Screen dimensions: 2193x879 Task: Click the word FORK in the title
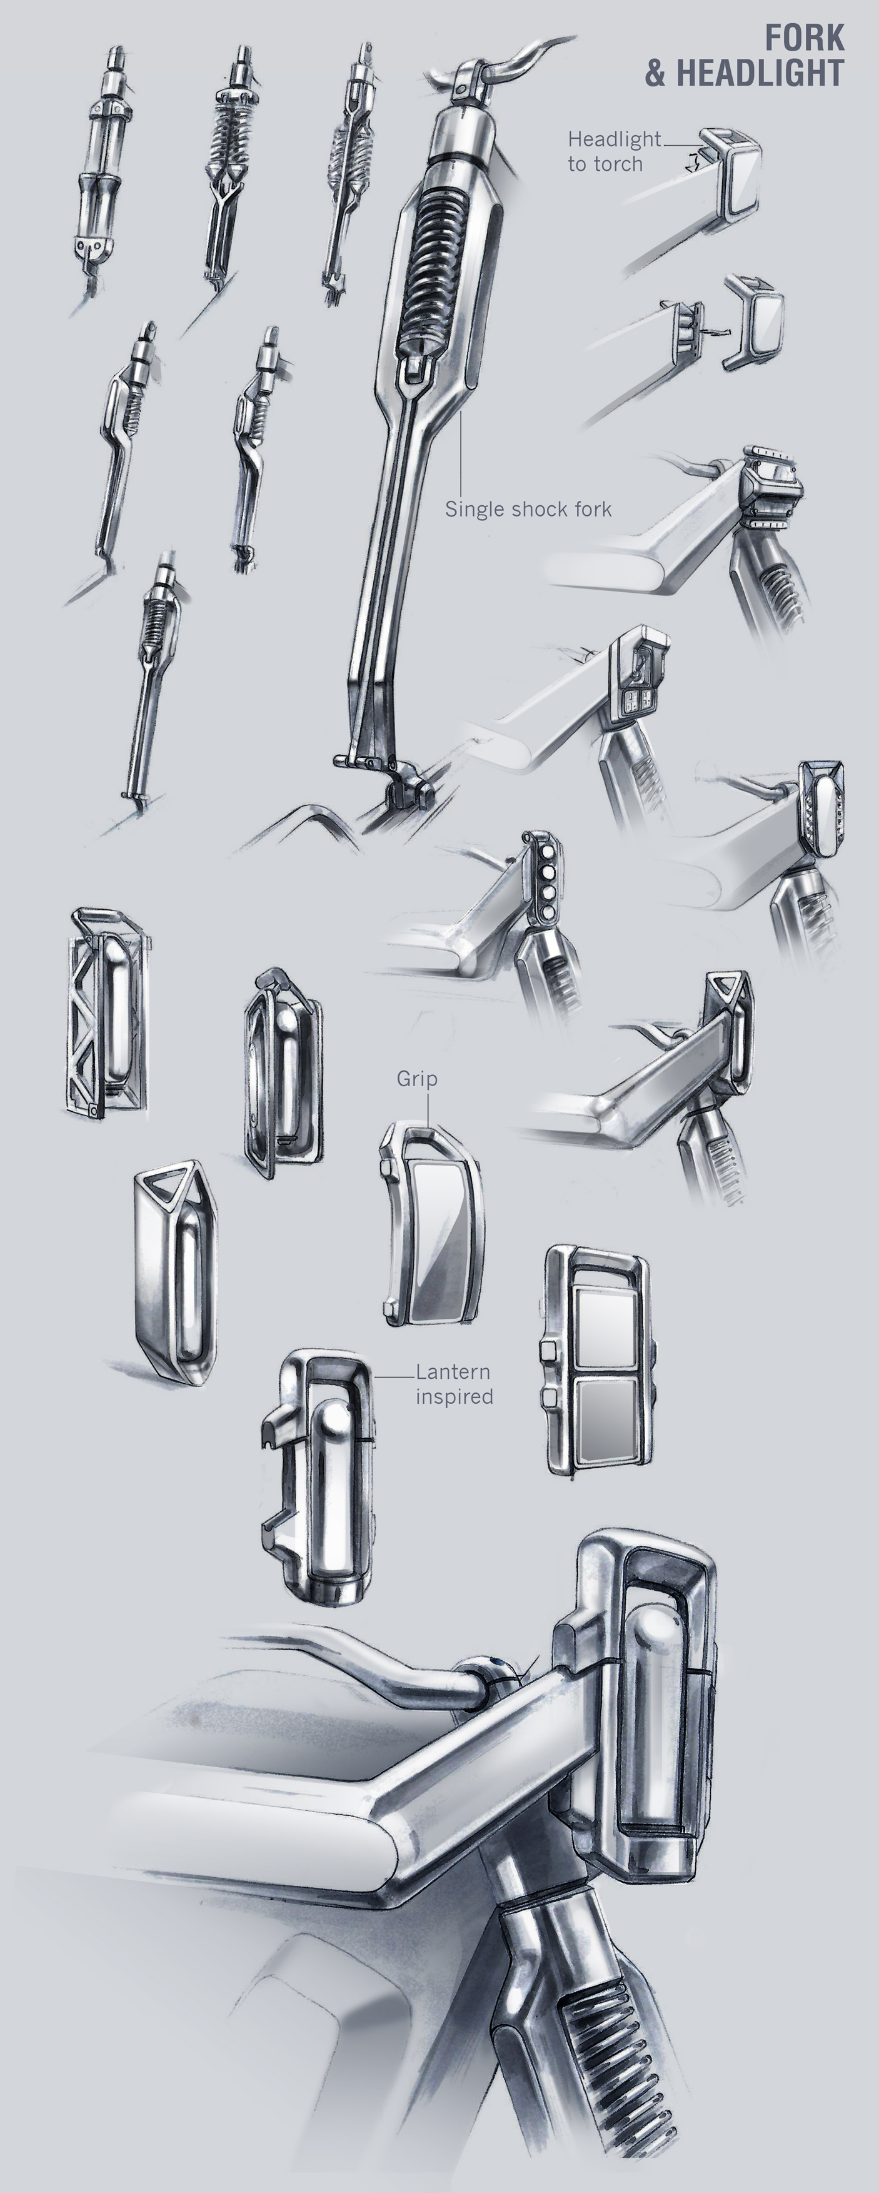[804, 38]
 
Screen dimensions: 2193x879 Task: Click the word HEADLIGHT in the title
[760, 74]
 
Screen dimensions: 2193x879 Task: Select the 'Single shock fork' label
[528, 509]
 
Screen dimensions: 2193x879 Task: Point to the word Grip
[417, 1079]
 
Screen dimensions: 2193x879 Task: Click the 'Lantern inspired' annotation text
[453, 1383]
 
